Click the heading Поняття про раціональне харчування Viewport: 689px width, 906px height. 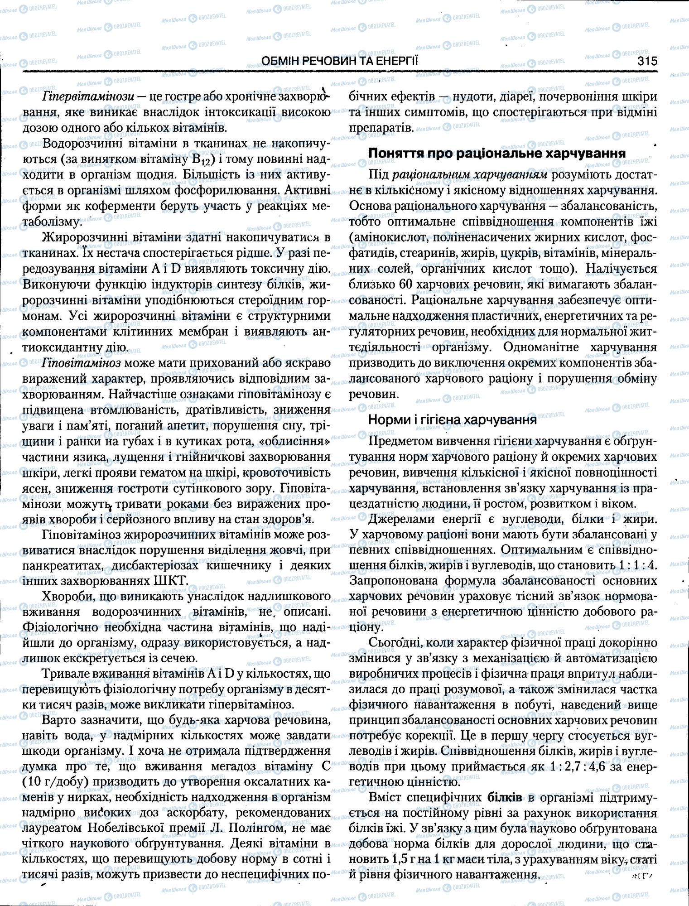pyautogui.click(x=497, y=153)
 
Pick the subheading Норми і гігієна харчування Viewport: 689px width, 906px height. pyautogui.click(x=452, y=419)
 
